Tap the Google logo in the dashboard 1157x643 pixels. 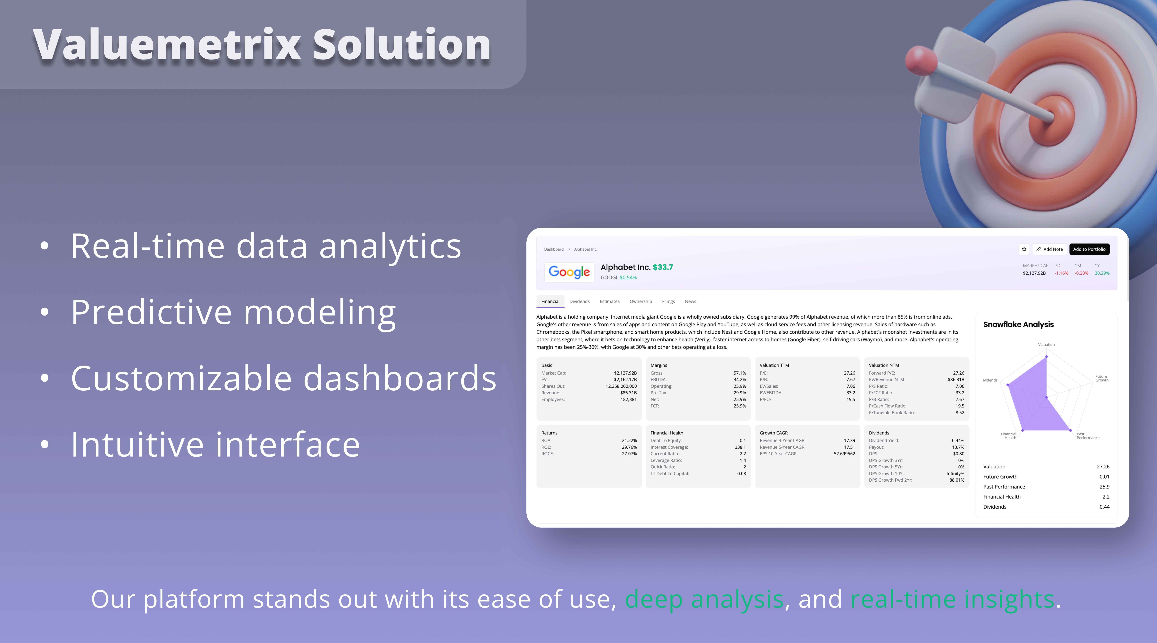(x=569, y=272)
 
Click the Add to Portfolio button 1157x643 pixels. (x=1089, y=249)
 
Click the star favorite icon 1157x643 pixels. (x=1024, y=249)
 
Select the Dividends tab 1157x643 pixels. (x=579, y=302)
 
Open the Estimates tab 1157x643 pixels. (x=610, y=302)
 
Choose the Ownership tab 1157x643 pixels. (x=641, y=302)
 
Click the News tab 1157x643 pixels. (x=690, y=302)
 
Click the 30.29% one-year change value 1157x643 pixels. (x=1102, y=273)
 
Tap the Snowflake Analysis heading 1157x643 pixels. (x=1018, y=324)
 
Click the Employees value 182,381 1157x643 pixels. (x=628, y=399)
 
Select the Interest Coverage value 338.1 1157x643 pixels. (x=740, y=447)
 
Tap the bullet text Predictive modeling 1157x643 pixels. (x=233, y=313)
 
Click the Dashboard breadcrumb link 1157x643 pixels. (x=554, y=249)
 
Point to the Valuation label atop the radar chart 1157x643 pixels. (x=1046, y=345)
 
